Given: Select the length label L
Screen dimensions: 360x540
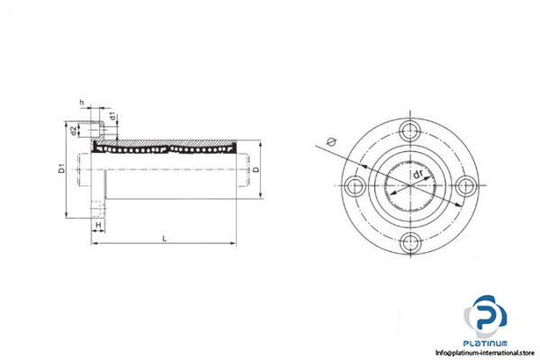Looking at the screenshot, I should [x=163, y=238].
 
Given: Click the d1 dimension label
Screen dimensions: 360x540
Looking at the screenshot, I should [x=112, y=116].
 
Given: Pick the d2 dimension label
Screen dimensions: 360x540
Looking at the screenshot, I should [x=74, y=132].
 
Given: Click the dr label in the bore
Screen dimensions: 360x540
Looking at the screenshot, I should [x=418, y=175].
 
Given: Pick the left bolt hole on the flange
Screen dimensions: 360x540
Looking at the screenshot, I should [x=355, y=185].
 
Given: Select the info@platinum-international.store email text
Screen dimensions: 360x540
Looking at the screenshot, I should [x=486, y=353].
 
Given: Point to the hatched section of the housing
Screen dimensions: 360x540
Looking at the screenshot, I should [x=171, y=141].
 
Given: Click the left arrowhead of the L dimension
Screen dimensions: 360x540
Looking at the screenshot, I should [x=94, y=243].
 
